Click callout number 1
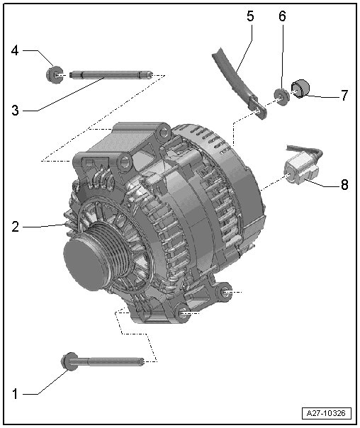coord(16,394)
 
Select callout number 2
coord(16,227)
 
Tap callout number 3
coord(16,111)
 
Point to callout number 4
coord(16,50)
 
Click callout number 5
coord(250,16)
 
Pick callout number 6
coord(282,16)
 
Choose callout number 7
coord(344,95)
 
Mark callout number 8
coord(344,184)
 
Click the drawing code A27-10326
coord(326,413)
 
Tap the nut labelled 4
coord(53,74)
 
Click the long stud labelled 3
coord(111,74)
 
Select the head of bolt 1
coord(69,361)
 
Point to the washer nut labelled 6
coord(281,95)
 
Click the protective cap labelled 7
coord(300,88)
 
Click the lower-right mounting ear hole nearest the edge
coord(225,292)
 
